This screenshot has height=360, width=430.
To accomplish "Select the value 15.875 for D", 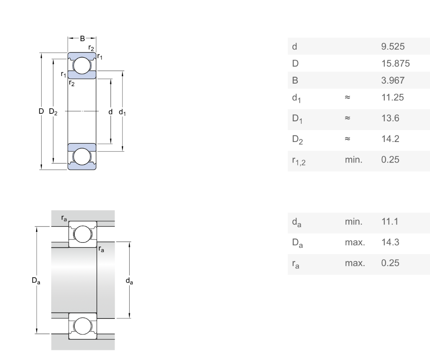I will coord(395,63).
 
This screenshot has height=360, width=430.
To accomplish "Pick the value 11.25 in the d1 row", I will coord(392,97).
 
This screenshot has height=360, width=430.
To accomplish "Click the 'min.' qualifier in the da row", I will coord(353,221).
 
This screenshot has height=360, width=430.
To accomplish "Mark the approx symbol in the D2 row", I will coord(347,139).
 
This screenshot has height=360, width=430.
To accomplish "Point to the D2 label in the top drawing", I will coord(53,111).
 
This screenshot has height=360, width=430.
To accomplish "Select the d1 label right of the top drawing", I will coord(122,112).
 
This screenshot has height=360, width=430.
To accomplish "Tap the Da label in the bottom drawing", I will coord(36,281).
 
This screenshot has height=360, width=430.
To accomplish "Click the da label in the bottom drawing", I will coord(129,281).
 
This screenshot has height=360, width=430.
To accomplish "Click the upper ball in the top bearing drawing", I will coord(82,66).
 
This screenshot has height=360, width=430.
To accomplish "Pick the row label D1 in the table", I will coord(297,118).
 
